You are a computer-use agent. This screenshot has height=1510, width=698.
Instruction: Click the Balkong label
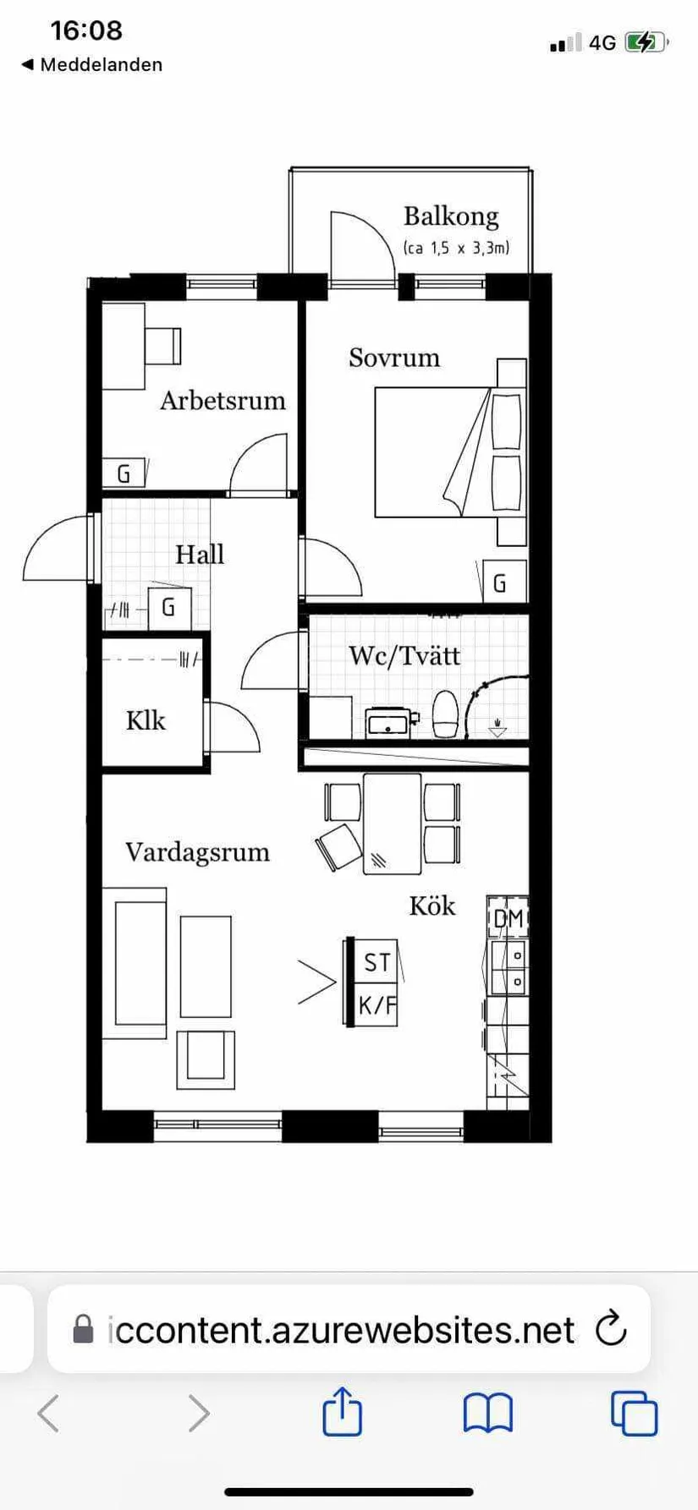451,216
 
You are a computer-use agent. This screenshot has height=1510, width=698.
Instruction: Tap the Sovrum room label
394,358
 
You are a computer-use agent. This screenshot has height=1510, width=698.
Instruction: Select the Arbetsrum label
223,401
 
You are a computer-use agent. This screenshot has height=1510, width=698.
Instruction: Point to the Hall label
200,555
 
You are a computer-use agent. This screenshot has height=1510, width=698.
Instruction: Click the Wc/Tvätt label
404,656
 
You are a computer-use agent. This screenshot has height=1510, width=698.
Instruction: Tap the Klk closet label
146,721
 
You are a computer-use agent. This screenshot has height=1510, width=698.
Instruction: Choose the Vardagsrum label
197,852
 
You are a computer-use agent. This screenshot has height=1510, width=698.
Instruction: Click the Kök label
432,906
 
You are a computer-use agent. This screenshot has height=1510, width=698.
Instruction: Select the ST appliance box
376,962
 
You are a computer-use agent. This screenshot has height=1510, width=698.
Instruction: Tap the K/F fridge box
376,1005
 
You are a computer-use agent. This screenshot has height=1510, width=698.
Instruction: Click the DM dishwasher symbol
508,918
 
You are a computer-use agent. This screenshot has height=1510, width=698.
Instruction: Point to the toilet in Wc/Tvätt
445,714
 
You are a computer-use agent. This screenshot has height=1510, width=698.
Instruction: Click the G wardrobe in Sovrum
500,583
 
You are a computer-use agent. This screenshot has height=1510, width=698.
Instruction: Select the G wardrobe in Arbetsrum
124,473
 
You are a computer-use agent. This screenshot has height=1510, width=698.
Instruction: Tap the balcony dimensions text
456,248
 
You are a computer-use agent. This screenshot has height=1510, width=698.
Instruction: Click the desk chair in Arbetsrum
162,346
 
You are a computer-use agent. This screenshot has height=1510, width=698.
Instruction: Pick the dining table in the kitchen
392,823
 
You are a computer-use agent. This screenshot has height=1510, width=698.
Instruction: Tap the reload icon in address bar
611,1329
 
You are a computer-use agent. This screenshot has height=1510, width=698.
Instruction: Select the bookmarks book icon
488,1413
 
